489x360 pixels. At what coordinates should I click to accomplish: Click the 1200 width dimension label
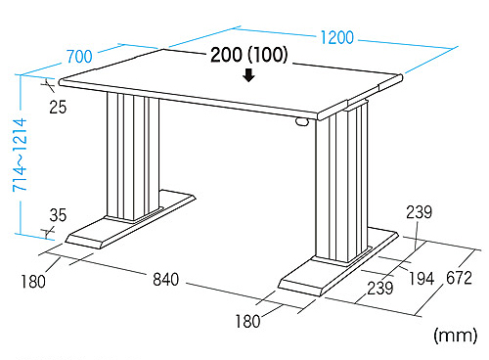(x=337, y=37)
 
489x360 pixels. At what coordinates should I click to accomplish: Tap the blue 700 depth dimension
(x=79, y=57)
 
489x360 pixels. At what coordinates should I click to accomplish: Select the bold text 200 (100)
(x=249, y=55)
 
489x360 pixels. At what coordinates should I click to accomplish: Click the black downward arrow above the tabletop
(x=249, y=75)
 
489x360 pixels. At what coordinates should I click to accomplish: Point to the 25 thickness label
(x=58, y=107)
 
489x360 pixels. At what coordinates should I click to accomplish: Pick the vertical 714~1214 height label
(x=20, y=155)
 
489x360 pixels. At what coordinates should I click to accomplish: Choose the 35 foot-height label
(x=58, y=215)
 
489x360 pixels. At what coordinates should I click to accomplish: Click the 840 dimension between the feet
(x=166, y=280)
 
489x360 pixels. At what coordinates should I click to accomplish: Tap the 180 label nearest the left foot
(x=33, y=282)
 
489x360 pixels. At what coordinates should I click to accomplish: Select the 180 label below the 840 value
(x=247, y=321)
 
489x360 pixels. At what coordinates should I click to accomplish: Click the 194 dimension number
(x=422, y=279)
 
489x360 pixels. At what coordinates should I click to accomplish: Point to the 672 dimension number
(x=459, y=278)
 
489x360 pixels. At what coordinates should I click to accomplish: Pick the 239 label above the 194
(x=420, y=212)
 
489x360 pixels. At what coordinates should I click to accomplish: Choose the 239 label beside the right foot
(x=380, y=289)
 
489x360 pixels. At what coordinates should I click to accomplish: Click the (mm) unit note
(x=456, y=336)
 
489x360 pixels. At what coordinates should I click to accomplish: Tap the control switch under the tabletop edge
(x=302, y=121)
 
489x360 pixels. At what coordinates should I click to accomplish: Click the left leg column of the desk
(x=133, y=157)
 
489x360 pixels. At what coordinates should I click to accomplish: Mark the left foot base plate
(x=130, y=220)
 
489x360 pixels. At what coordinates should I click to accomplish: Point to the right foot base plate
(x=338, y=261)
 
